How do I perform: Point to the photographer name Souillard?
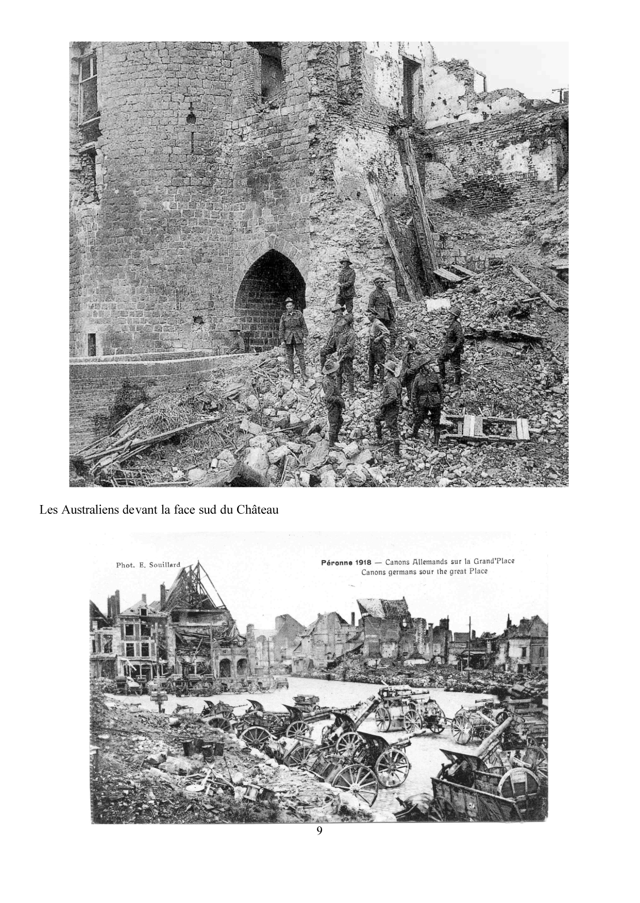click(164, 565)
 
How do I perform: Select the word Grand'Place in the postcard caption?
click(493, 561)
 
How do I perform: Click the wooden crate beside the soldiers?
click(487, 427)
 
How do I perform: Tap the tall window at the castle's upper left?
click(88, 88)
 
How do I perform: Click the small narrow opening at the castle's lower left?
click(92, 344)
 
